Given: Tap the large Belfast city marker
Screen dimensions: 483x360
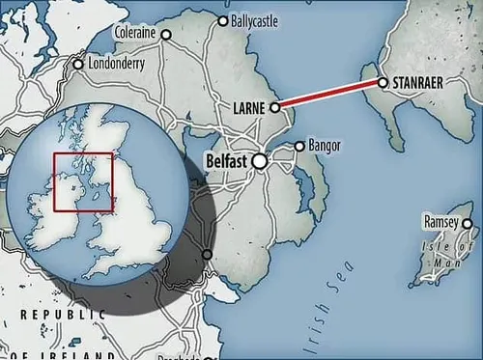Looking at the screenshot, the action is coord(260,162).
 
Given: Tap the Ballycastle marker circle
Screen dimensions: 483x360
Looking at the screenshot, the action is coord(223,20).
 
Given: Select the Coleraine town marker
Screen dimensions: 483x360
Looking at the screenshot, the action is coord(165,35).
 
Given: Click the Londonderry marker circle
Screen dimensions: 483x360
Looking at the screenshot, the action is coord(78,66).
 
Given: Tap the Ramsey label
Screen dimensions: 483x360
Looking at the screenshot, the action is coord(441,223).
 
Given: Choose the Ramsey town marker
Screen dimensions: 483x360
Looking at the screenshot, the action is coord(467,224).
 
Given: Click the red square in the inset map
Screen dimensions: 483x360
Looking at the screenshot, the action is coord(83,182).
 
